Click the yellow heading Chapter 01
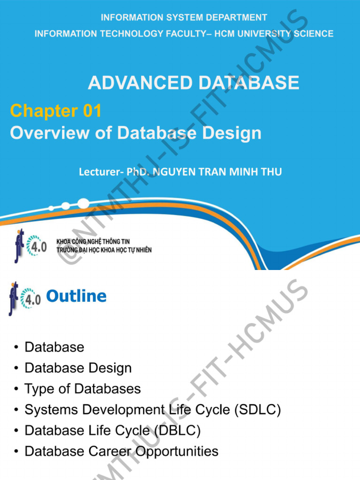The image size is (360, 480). click(56, 111)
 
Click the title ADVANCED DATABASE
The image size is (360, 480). click(193, 83)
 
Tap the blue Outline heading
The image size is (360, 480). click(76, 296)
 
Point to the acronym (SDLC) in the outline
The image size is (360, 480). click(258, 410)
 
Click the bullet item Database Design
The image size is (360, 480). click(78, 368)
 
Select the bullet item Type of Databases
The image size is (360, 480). click(82, 389)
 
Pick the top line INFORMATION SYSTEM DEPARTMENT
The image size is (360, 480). click(184, 18)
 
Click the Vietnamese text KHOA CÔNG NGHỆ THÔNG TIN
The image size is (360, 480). click(93, 242)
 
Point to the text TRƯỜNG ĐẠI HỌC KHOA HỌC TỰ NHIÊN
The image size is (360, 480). click(104, 250)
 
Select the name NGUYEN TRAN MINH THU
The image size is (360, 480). click(217, 172)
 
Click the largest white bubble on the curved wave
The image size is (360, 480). click(83, 203)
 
